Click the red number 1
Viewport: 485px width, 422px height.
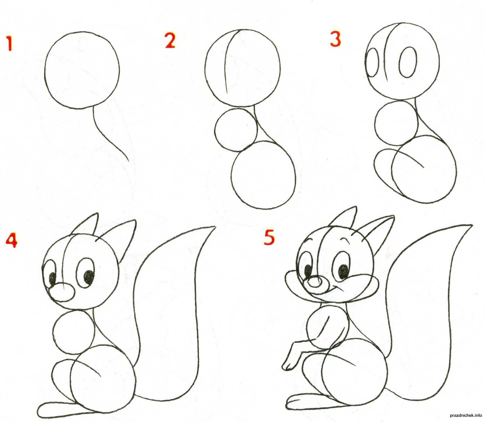point(9,43)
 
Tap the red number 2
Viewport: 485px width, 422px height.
point(170,40)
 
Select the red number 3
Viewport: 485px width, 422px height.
point(335,39)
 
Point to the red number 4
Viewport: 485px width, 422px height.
point(12,241)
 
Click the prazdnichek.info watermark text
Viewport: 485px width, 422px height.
point(466,415)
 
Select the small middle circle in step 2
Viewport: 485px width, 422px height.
point(236,130)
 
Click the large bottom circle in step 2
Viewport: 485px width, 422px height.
point(264,175)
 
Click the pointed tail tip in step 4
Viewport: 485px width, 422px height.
point(215,227)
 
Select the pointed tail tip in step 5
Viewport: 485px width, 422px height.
point(472,225)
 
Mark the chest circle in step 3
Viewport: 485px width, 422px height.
point(396,123)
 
